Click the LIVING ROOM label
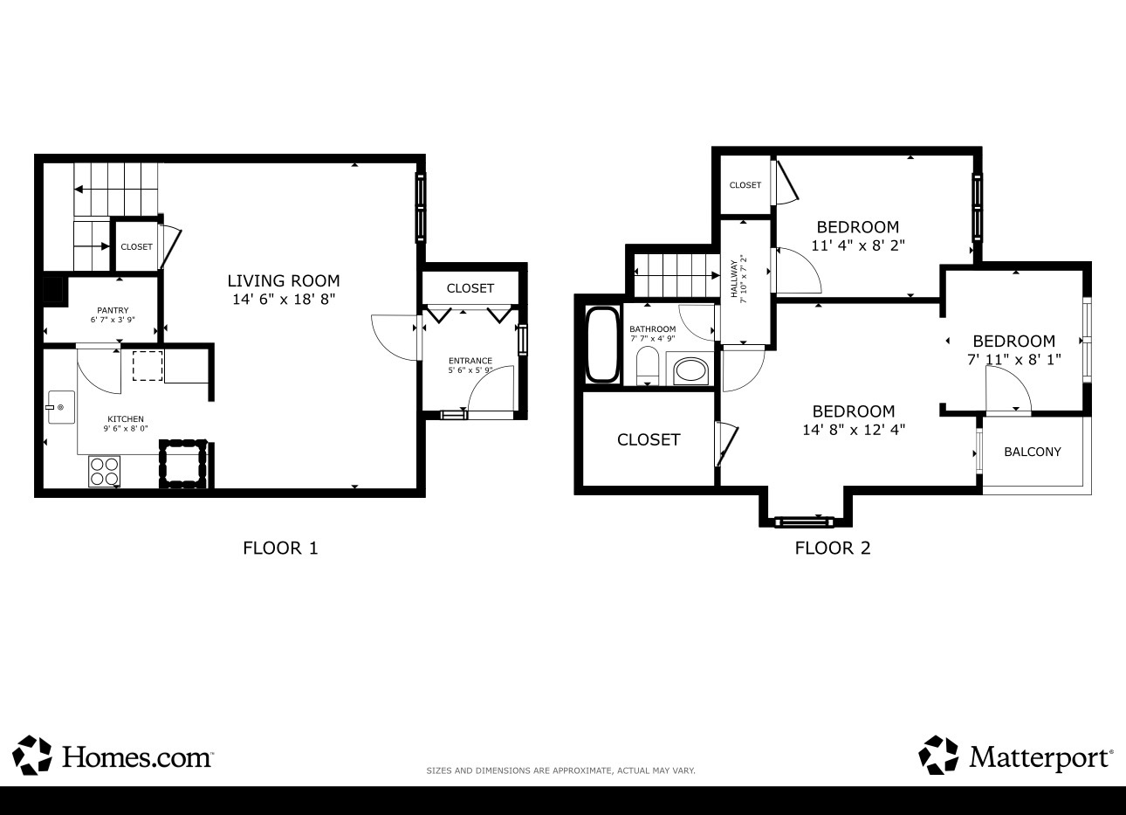(x=284, y=280)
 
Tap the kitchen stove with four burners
(x=104, y=472)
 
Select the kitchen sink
(x=61, y=407)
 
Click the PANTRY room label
(x=113, y=310)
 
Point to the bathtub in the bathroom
(x=602, y=345)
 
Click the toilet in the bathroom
(x=648, y=366)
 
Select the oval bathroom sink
(x=690, y=371)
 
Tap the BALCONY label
(x=1033, y=452)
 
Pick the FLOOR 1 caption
(x=280, y=548)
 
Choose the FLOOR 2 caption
(x=833, y=548)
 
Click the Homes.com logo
(x=113, y=755)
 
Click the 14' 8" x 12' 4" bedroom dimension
(x=854, y=430)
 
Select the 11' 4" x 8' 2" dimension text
(x=858, y=245)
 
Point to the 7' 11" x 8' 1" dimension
(x=1014, y=360)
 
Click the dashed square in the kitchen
(x=148, y=366)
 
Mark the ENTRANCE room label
(x=470, y=361)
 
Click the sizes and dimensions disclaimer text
(x=560, y=770)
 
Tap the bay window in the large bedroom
(x=804, y=521)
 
